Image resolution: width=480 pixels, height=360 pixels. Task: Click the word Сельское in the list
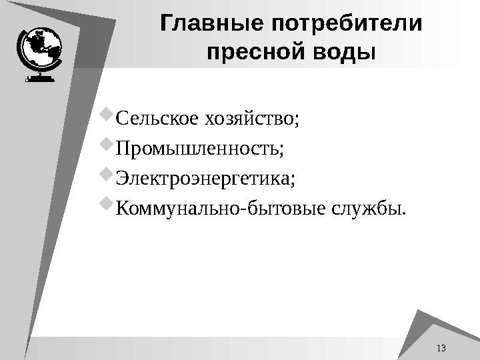[x=156, y=119]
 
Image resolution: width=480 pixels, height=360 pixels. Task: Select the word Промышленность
[x=199, y=149]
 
